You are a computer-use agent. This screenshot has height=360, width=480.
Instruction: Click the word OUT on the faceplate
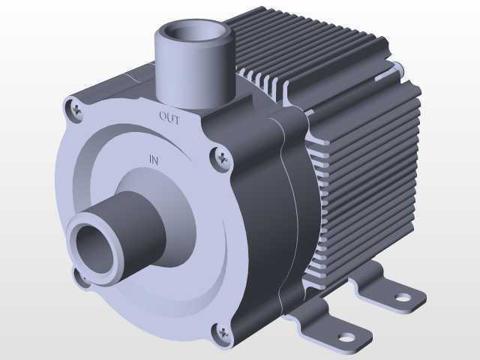pyautogui.click(x=169, y=118)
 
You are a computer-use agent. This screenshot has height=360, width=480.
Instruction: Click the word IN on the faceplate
pyautogui.click(x=154, y=160)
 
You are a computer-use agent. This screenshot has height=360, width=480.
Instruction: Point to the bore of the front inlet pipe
pyautogui.click(x=94, y=247)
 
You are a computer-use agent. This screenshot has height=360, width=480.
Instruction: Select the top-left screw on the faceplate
pyautogui.click(x=76, y=109)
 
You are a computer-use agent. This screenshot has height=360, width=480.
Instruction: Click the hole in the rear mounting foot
pyautogui.click(x=402, y=297)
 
